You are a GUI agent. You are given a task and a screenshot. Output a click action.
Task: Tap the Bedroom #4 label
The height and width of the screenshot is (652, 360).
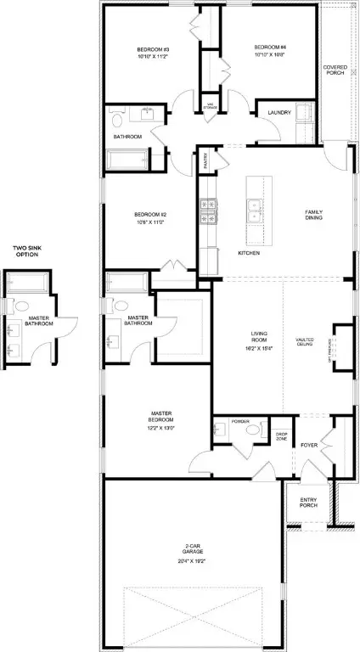pyautogui.click(x=270, y=47)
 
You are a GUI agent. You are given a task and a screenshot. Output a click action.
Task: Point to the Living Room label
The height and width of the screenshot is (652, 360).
pyautogui.click(x=260, y=337)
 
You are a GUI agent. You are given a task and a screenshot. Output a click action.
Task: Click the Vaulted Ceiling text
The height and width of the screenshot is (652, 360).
pyautogui.click(x=305, y=342)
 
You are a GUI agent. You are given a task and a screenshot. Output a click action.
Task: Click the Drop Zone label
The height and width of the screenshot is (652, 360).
pyautogui.click(x=282, y=436)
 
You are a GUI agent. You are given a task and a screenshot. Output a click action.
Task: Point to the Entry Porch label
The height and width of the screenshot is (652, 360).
pyautogui.click(x=308, y=503)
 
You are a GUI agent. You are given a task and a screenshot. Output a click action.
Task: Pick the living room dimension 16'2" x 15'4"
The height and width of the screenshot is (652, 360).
pyautogui.click(x=260, y=348)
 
